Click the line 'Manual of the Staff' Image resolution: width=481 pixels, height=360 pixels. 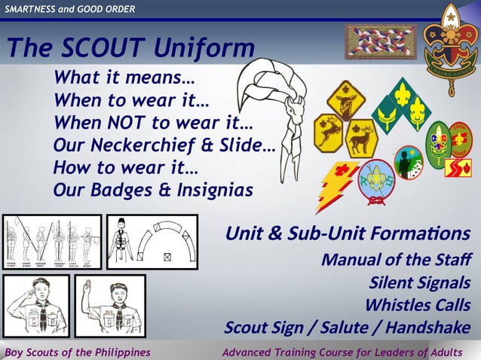point(396,260)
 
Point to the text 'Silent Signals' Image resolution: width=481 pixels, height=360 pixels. point(420,282)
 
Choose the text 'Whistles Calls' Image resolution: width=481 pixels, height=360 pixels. point(418,305)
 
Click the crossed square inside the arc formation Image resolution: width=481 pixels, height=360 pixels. point(167,256)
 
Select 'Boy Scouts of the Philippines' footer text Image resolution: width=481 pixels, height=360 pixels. point(78,352)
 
